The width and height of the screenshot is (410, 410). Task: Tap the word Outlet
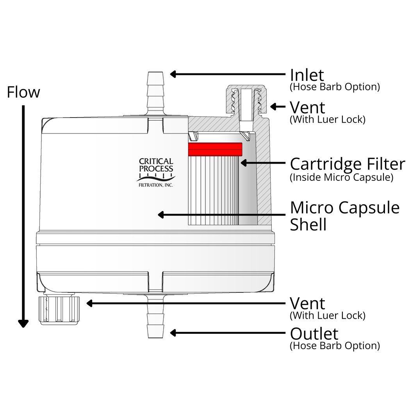pos(314,334)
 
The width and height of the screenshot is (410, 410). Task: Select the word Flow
pos(23,93)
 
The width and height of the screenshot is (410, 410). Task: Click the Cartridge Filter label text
pos(348,164)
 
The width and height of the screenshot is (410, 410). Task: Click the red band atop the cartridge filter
pos(215,148)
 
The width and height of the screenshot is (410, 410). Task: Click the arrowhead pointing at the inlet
pos(174,74)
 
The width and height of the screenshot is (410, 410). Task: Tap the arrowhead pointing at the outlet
pos(174,333)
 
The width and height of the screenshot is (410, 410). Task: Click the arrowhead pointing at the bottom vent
pos(90,303)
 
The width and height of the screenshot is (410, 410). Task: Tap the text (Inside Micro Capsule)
pos(341,178)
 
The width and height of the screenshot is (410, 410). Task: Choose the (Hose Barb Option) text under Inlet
pos(335,87)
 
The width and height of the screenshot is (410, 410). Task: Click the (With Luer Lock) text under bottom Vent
pos(328,315)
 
